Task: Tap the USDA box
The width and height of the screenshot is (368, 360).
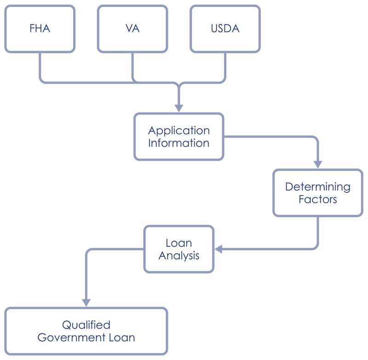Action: (x=225, y=29)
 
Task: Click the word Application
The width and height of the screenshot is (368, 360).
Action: (x=178, y=131)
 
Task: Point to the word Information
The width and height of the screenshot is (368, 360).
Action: (x=178, y=143)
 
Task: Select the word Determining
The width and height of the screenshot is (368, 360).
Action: (x=318, y=187)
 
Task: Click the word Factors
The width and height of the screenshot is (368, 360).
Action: (x=318, y=200)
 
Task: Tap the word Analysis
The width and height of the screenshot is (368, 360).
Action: (x=179, y=256)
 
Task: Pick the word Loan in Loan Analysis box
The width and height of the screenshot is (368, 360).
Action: (x=179, y=243)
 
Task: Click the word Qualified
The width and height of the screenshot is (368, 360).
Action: (x=86, y=326)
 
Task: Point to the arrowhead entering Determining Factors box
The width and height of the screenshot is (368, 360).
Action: (x=318, y=164)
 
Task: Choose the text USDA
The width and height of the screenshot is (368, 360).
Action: (x=225, y=29)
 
